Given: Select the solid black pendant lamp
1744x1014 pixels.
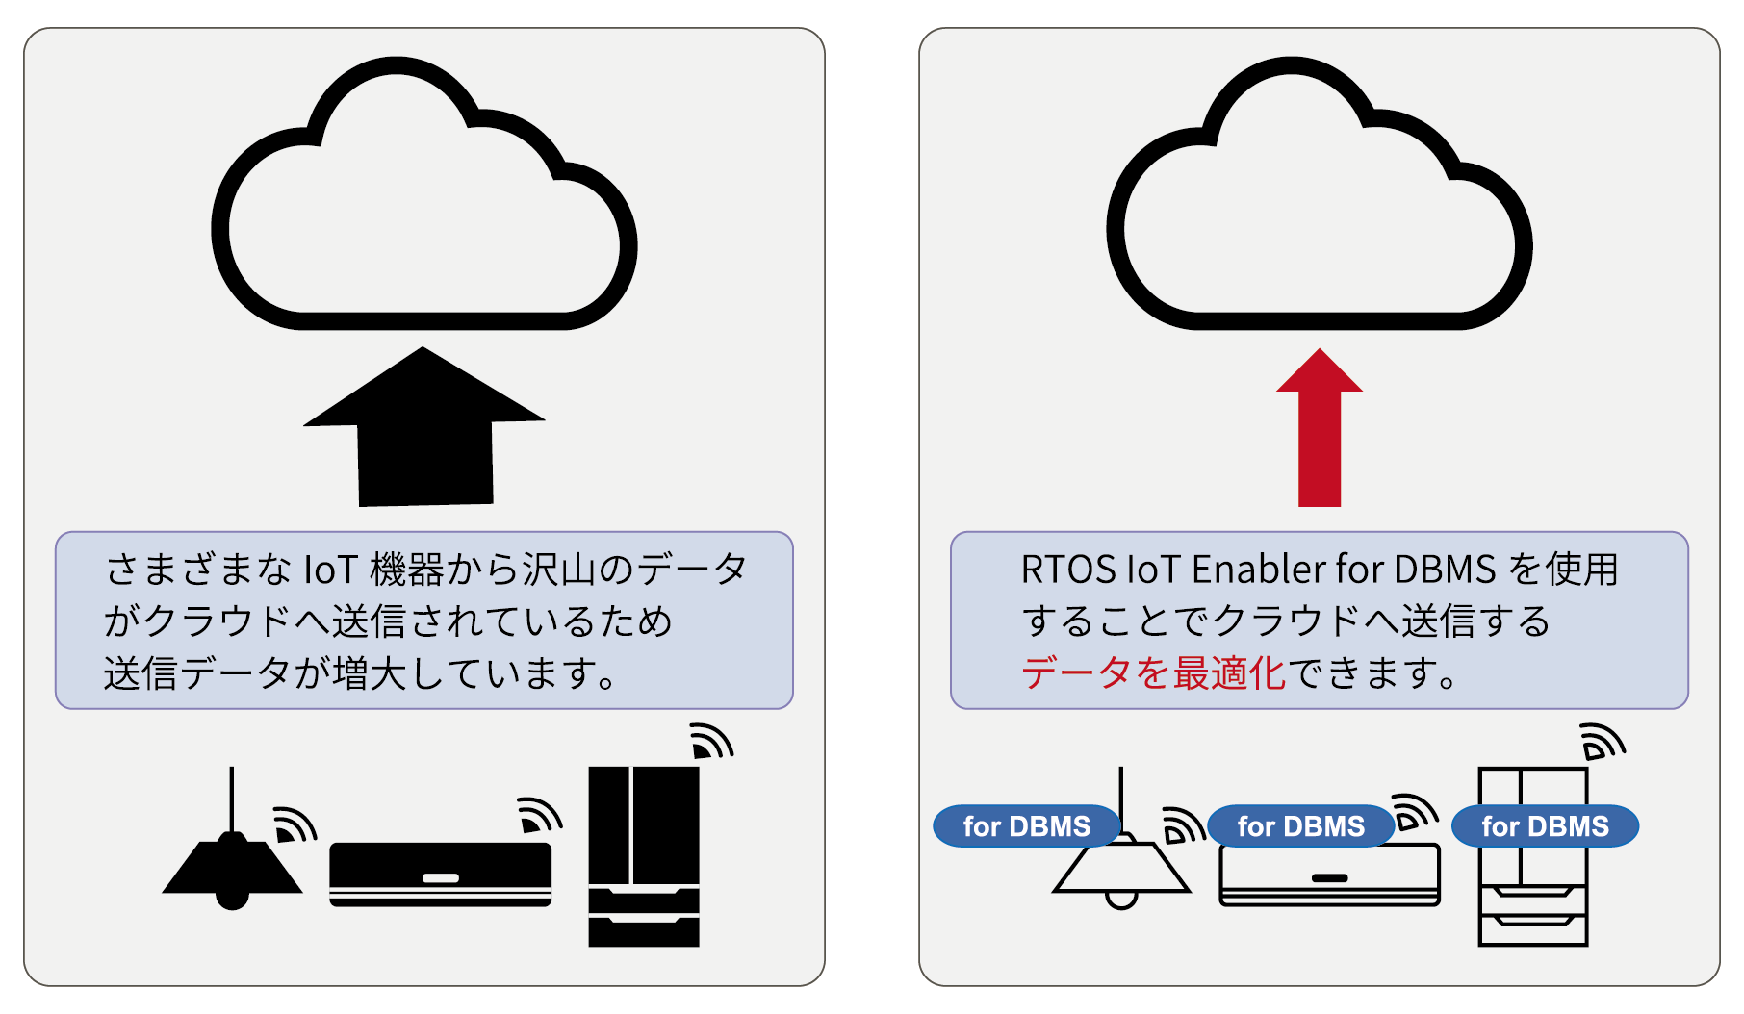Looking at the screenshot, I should coord(232,866).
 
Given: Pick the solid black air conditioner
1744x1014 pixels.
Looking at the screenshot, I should coord(441,874).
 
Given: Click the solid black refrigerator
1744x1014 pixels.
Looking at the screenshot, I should coord(644,856).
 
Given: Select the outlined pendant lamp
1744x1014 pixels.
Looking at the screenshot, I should coord(1122,871).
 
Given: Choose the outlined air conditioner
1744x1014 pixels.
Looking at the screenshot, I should coord(1330,875).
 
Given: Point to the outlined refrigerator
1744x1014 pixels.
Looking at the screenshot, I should coord(1533,895).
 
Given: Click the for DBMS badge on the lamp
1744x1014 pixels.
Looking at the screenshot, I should coord(1027,826).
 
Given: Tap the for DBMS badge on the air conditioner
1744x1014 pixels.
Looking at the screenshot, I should coord(1301,826).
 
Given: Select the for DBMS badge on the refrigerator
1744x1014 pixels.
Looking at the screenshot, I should coord(1545,826).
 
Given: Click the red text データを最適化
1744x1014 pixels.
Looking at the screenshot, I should coord(1153,672).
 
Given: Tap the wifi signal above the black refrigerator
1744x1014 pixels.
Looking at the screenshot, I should coord(711,742).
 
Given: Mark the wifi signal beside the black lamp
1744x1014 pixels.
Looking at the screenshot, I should coord(294,824).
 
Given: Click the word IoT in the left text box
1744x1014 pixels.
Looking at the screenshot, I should coord(331,570).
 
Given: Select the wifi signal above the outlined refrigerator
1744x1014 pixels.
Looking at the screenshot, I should coord(1603,742).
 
